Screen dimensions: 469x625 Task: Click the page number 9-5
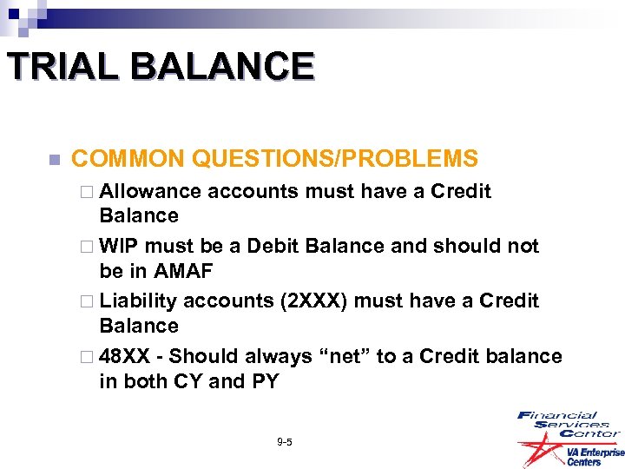[x=284, y=442]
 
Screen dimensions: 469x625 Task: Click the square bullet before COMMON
[x=54, y=160]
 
